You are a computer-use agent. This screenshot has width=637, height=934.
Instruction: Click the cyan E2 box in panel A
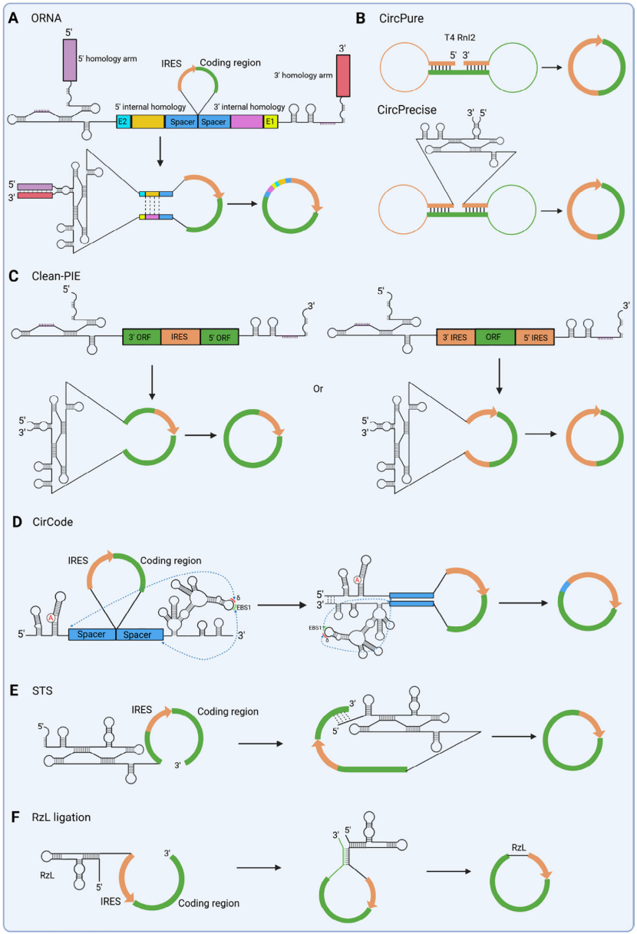(123, 121)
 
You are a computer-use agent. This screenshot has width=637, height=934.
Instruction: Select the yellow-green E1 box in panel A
(270, 121)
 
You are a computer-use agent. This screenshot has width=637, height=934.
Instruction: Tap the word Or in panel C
(318, 388)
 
